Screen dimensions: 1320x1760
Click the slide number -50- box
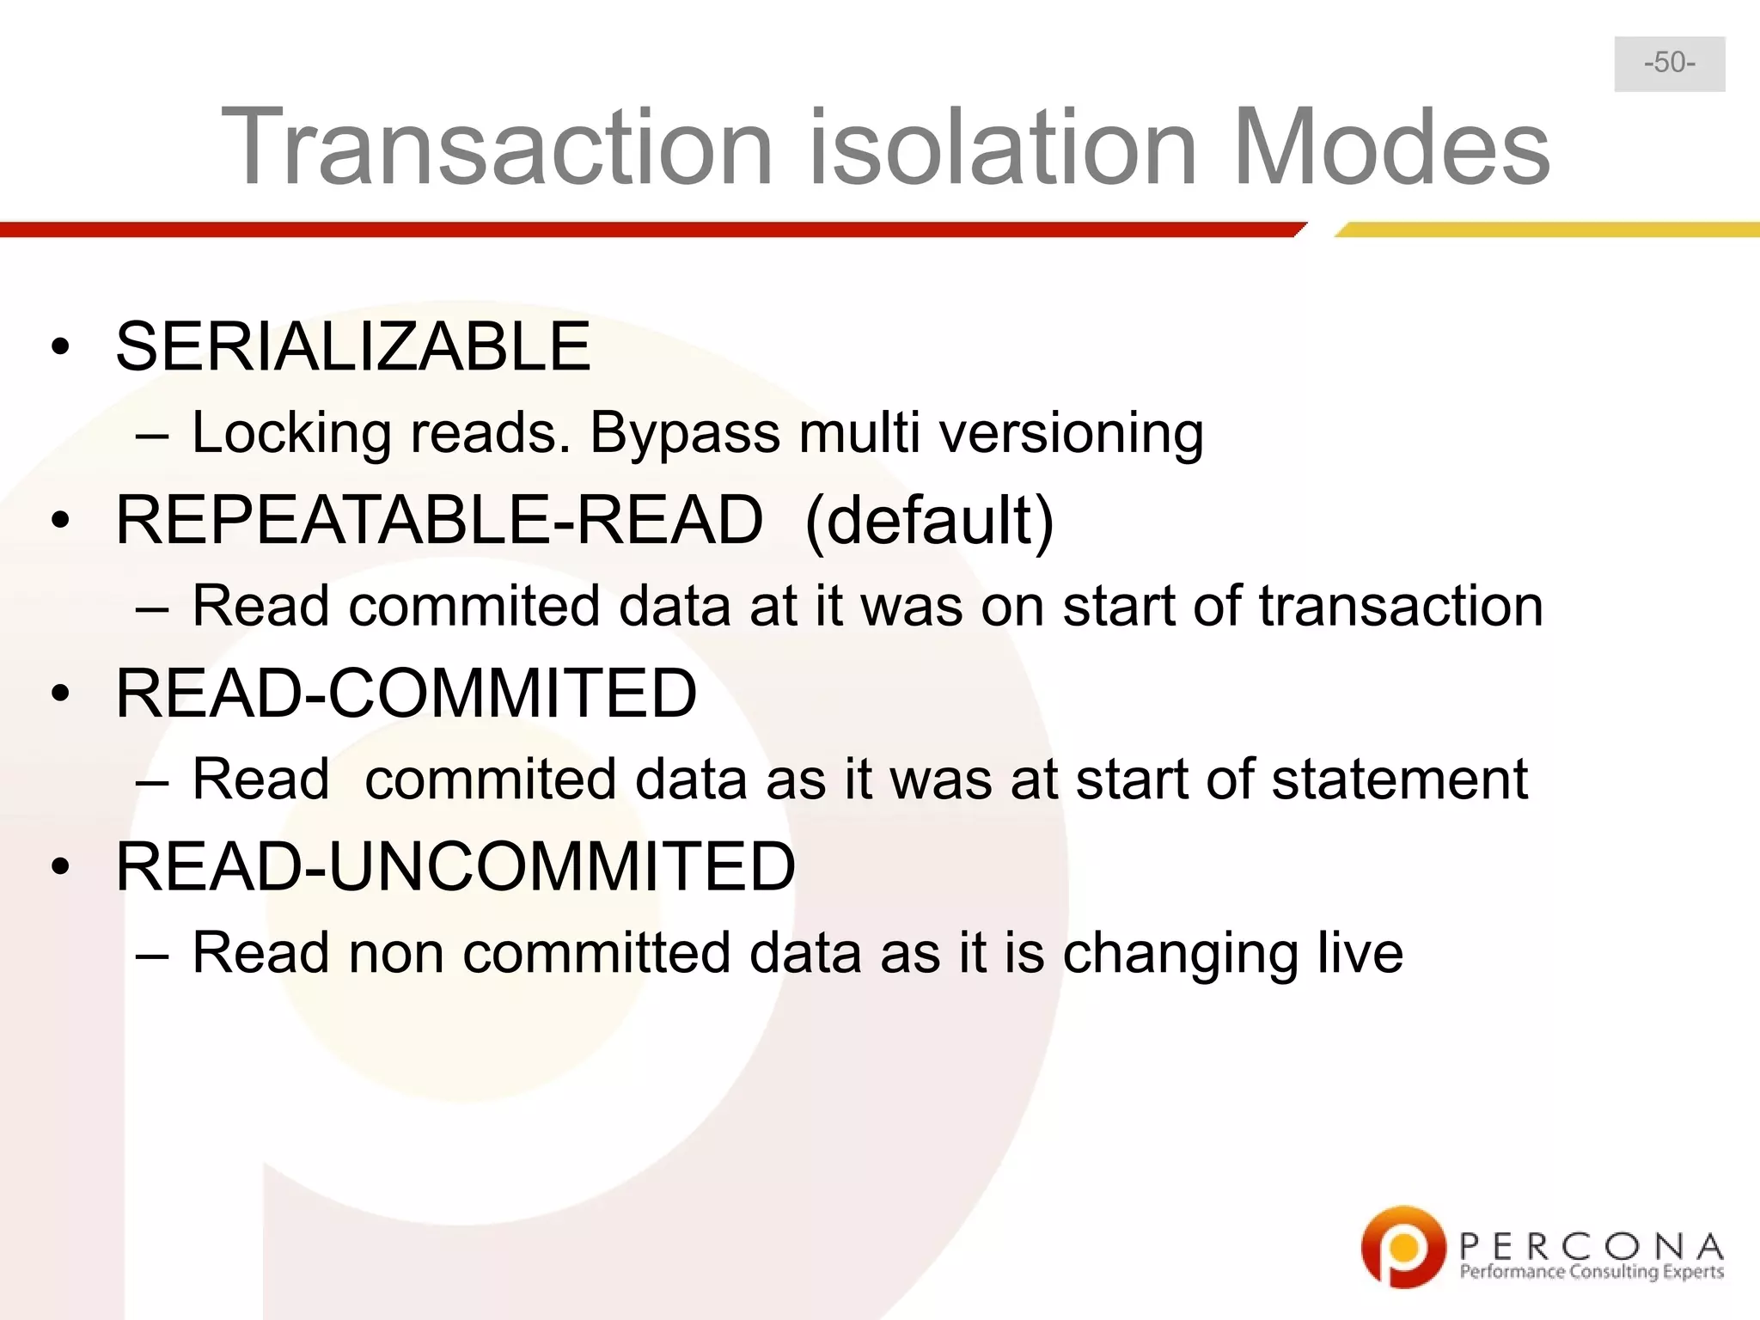point(1669,64)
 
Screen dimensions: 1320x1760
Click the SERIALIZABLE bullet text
point(353,346)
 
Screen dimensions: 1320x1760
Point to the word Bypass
point(684,433)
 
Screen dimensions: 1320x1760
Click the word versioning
point(1071,433)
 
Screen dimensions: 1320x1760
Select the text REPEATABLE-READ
point(439,521)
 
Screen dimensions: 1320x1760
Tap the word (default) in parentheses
point(929,521)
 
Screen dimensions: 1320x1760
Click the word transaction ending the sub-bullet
point(1401,607)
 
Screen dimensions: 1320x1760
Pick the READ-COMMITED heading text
point(406,694)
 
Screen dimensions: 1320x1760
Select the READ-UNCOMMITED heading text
point(455,867)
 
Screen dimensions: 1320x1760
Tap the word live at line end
point(1360,953)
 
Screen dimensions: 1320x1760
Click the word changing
point(1179,955)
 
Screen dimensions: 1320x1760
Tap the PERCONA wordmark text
point(1591,1245)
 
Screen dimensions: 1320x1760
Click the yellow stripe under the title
point(1547,229)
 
